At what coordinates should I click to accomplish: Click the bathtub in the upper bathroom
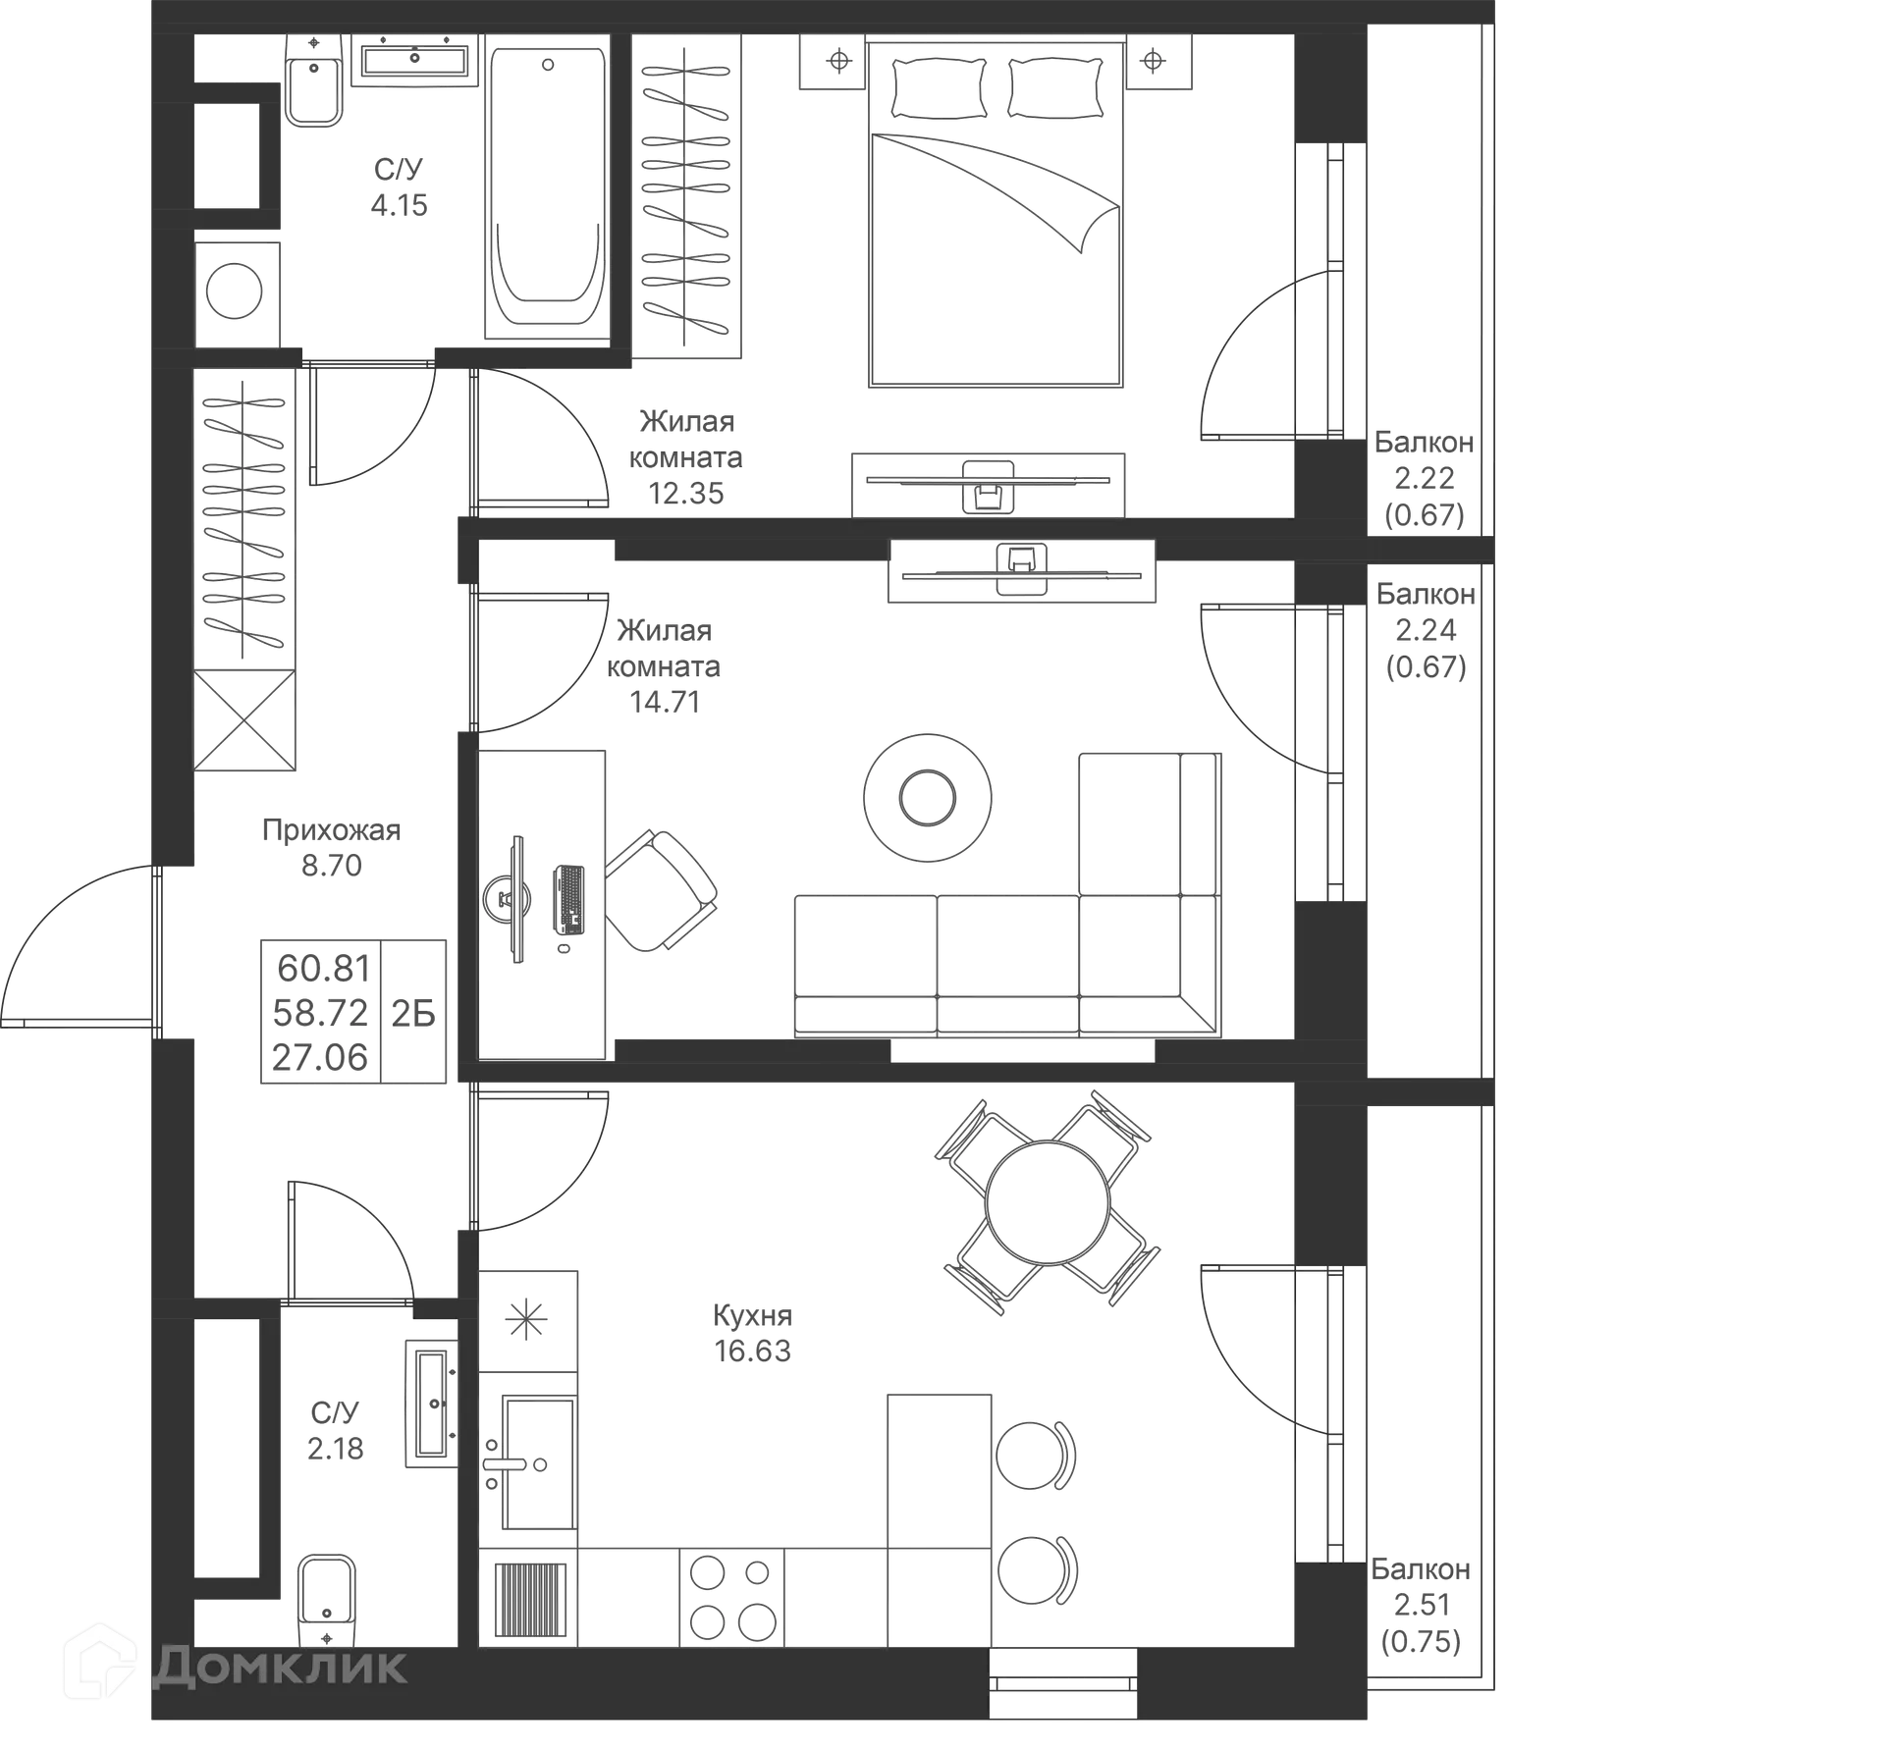[547, 186]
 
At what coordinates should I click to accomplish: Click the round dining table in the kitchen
[1048, 1201]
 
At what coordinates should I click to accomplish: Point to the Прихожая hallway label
[331, 830]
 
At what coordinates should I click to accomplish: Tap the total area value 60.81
[322, 969]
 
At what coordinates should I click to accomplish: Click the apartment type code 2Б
[413, 1013]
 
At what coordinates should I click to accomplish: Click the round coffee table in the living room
[926, 798]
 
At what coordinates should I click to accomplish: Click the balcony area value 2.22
[1425, 478]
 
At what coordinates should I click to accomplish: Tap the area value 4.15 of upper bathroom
[400, 205]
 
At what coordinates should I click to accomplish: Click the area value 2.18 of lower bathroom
[336, 1449]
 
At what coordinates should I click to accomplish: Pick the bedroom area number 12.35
[687, 493]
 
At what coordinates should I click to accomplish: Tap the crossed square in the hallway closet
[243, 721]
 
